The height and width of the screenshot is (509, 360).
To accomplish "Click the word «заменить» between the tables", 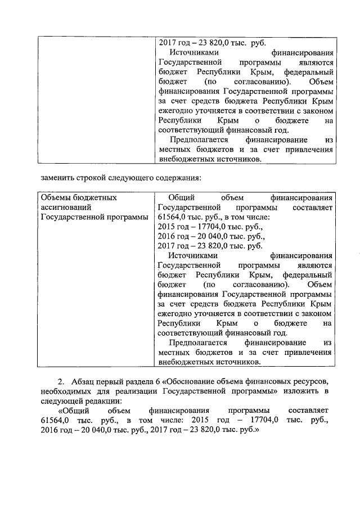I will (58, 179).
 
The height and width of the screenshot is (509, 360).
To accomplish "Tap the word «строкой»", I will (96, 179).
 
